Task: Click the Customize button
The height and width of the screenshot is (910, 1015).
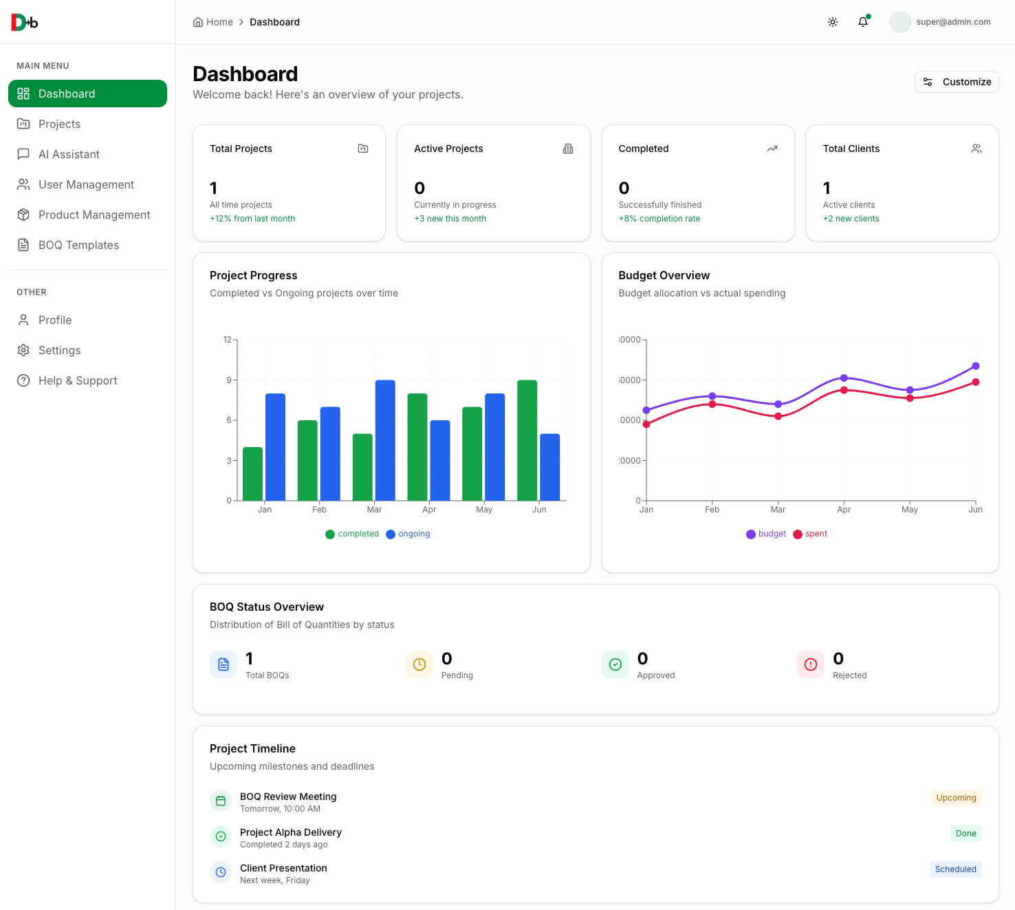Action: click(x=957, y=82)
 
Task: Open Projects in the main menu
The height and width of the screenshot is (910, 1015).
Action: click(x=59, y=124)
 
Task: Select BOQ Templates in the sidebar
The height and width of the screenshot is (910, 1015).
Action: click(x=78, y=245)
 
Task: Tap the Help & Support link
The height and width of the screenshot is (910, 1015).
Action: click(x=78, y=380)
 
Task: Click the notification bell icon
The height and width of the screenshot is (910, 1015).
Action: click(x=863, y=22)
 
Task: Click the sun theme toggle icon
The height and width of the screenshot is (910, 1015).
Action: click(x=833, y=22)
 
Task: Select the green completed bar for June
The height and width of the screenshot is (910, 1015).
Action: click(x=527, y=440)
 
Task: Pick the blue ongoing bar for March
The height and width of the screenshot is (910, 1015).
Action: click(x=385, y=440)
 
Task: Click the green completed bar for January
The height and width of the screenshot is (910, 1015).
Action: click(x=253, y=474)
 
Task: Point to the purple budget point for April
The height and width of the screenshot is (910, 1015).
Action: click(x=844, y=378)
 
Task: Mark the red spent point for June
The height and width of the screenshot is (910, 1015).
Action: click(x=975, y=382)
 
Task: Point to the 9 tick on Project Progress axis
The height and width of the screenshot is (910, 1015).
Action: click(x=229, y=380)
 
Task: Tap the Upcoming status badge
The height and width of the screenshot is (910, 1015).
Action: click(x=956, y=798)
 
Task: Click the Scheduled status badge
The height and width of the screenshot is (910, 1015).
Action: click(x=955, y=869)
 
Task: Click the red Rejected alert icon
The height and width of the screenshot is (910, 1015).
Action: click(x=811, y=664)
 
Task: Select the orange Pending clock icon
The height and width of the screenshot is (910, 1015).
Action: click(x=419, y=664)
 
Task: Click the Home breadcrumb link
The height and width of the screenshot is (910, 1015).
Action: click(x=219, y=22)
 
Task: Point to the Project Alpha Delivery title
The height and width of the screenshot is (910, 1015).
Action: click(x=291, y=832)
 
